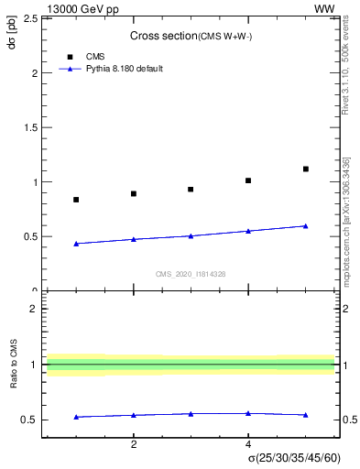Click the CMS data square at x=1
click(x=76, y=200)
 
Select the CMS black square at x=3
click(x=191, y=190)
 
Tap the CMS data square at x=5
click(x=306, y=169)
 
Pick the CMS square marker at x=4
click(x=248, y=180)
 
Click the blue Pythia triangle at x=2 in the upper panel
click(x=134, y=239)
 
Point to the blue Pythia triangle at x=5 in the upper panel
click(x=306, y=225)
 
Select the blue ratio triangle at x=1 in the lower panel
click(x=76, y=417)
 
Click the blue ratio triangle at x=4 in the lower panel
click(x=248, y=413)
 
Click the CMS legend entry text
click(x=95, y=57)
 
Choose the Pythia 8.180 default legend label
click(x=125, y=69)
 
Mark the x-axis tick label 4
click(x=248, y=444)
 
